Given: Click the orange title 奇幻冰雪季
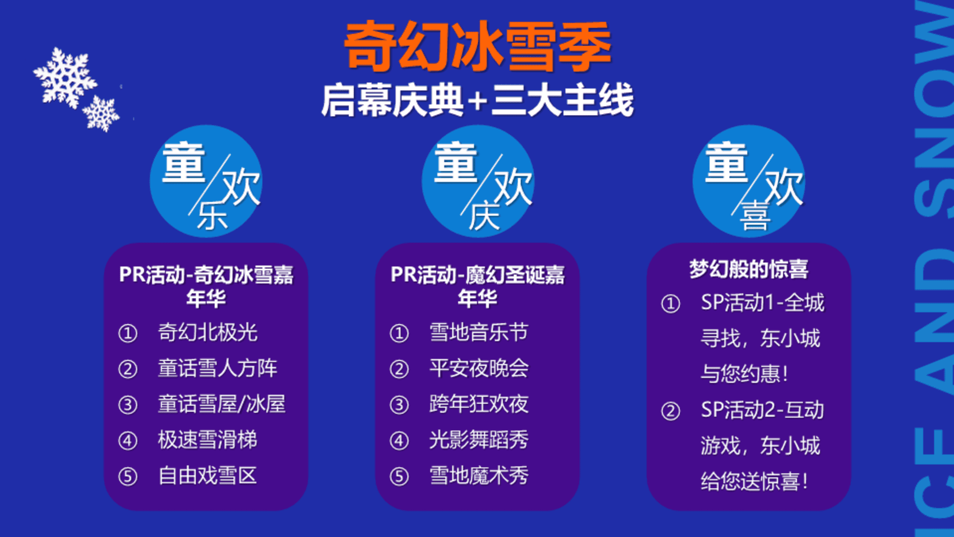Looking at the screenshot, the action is point(477,46).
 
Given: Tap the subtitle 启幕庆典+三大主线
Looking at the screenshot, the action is point(477,100).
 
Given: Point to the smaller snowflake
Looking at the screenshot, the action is point(101,114).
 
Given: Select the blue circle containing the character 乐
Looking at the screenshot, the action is point(206,181).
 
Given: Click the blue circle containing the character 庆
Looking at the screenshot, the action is point(478,181).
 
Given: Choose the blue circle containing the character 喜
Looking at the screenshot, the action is point(749,181).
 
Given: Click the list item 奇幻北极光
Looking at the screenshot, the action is point(208,333).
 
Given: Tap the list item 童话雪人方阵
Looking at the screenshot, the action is point(217,368).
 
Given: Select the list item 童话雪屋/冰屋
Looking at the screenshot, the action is point(222,404).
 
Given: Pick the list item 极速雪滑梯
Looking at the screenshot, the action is point(208,440).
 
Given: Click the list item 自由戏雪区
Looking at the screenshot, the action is point(208,476).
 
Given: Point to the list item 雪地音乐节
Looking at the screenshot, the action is point(479,333).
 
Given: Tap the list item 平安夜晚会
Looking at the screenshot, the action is point(479,368).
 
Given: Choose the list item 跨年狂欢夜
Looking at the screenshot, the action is point(479,404).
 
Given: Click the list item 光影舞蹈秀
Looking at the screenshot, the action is point(479,440).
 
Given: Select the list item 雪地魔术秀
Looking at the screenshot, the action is point(479,476).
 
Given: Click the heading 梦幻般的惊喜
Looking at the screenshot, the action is point(749,269).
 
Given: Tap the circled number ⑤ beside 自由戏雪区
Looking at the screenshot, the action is point(128,477).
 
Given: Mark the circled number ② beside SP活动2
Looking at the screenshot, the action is point(670,411).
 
